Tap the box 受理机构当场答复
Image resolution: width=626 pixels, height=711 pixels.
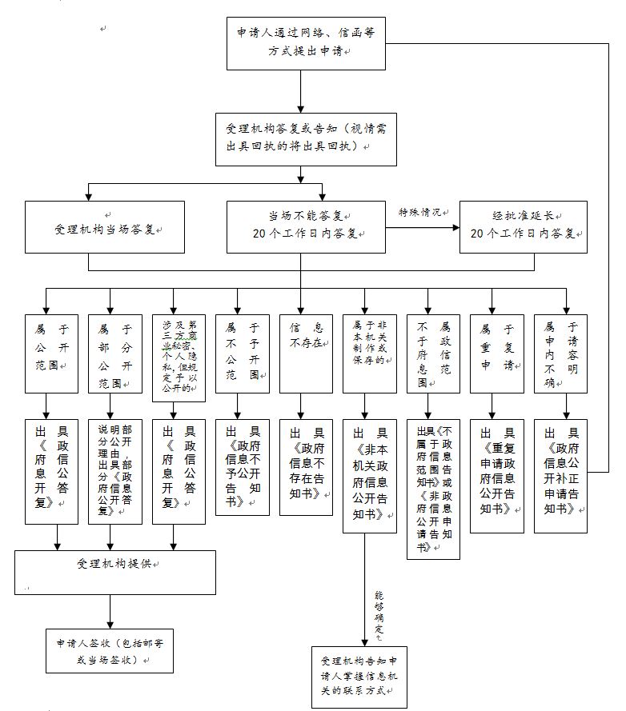[104, 228]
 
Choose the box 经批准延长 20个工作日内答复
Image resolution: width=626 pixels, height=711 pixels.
[523, 227]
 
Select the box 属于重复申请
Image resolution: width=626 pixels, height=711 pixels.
[496, 353]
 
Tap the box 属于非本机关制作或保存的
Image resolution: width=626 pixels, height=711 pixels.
[369, 353]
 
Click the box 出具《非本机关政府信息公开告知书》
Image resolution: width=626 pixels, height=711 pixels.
[369, 475]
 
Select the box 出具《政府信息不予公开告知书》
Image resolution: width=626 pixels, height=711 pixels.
[242, 467]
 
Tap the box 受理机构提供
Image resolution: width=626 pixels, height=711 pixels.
[116, 571]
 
